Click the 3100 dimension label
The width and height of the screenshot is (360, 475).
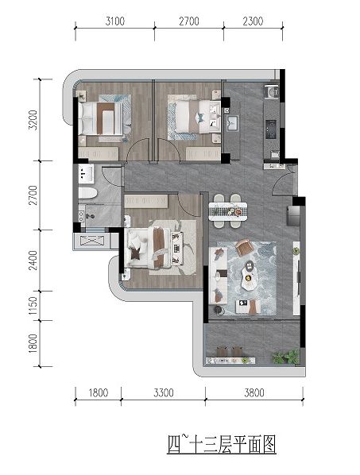point(115,21)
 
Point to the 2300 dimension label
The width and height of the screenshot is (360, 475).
point(253,21)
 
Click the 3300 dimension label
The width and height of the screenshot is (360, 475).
point(164,393)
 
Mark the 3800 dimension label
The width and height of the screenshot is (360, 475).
point(254,393)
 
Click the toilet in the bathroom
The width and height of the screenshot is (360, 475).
point(87,193)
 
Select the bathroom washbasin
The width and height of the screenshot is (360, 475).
point(86,174)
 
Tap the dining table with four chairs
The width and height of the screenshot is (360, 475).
point(228,210)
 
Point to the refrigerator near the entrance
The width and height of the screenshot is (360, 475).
point(293,215)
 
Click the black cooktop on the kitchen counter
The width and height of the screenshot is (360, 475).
point(271,129)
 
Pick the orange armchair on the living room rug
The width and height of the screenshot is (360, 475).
point(245,248)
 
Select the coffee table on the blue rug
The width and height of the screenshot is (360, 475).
point(249,275)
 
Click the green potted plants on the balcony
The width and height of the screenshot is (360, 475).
point(285,356)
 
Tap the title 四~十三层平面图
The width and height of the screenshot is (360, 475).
point(222,444)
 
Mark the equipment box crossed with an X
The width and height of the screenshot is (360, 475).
point(92,241)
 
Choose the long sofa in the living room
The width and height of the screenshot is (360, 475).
point(219,276)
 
